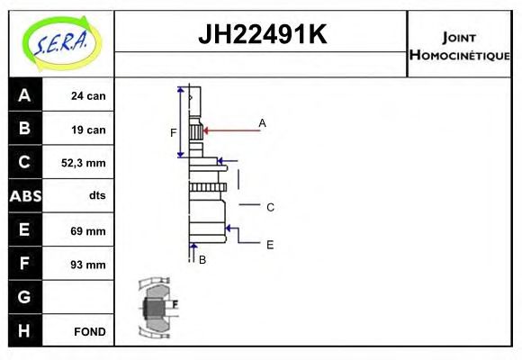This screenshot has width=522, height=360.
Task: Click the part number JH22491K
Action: tap(261, 35)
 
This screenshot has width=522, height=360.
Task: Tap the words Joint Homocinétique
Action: tap(459, 46)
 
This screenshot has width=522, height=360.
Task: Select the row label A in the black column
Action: tap(24, 95)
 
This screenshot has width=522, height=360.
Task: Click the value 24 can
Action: tap(88, 95)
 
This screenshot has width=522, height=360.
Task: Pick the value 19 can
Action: tap(88, 130)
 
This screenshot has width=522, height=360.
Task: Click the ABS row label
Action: tap(24, 196)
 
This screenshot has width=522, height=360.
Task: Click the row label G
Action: tap(24, 297)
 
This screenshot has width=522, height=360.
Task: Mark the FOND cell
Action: tap(90, 331)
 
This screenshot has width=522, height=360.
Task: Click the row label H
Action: tap(24, 330)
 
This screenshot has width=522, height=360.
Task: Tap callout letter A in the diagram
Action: tap(263, 122)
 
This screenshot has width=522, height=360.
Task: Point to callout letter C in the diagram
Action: tap(270, 207)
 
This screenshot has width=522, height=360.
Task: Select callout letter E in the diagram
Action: tap(270, 244)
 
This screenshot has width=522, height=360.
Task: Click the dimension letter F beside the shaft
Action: tap(174, 133)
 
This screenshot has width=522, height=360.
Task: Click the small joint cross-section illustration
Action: tap(157, 308)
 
